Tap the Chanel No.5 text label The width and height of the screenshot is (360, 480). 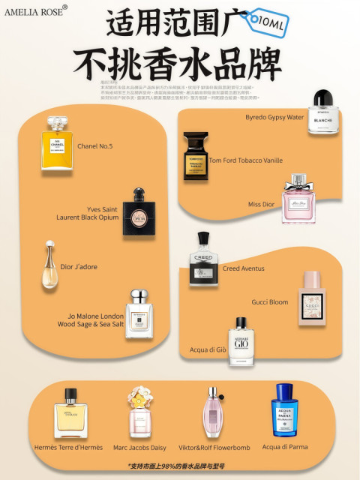click(95, 146)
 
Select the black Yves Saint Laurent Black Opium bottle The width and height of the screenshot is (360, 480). click(138, 214)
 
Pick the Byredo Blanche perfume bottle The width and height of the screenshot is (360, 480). click(324, 113)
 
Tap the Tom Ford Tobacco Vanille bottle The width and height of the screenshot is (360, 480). click(196, 156)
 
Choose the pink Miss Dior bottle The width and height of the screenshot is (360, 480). click(298, 200)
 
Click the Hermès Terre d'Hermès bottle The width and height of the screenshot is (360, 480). click(70, 415)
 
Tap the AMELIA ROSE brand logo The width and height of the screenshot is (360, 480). click(35, 10)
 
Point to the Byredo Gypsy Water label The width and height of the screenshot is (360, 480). click(274, 118)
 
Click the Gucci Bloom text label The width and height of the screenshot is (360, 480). click(269, 302)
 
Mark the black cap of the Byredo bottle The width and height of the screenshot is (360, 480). click(323, 98)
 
